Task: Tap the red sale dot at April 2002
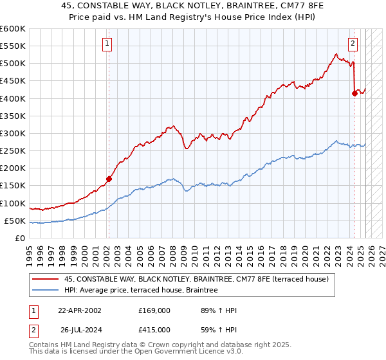tap(109, 179)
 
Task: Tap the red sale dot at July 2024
tap(354, 93)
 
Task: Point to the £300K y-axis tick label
tap(13, 133)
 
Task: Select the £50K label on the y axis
tap(15, 221)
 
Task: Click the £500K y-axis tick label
tap(13, 64)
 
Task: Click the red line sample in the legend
tap(46, 279)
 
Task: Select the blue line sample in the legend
tap(46, 290)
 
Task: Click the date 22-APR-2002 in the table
tap(80, 310)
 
